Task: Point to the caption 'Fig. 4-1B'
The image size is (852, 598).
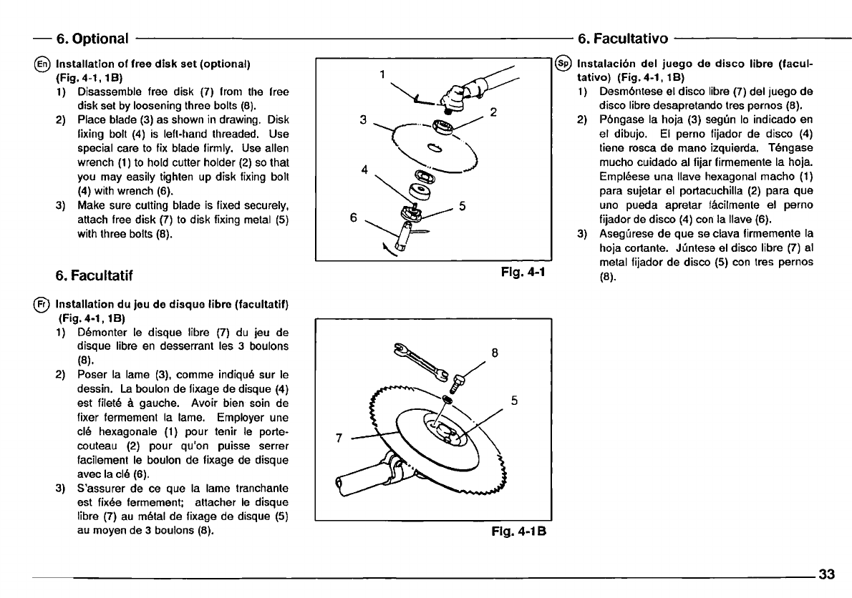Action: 518,531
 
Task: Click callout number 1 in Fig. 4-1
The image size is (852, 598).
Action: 383,73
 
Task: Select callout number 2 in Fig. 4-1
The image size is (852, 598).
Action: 493,112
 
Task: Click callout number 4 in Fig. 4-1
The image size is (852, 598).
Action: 364,170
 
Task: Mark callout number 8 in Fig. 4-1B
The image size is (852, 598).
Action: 495,352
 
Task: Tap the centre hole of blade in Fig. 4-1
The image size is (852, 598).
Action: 434,149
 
